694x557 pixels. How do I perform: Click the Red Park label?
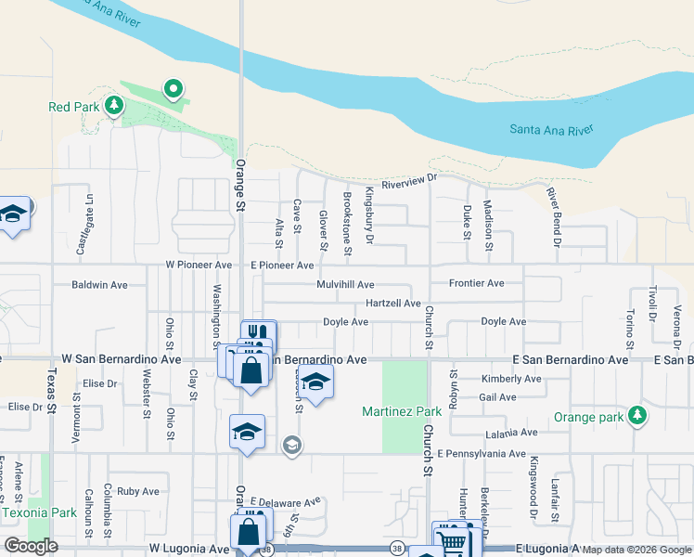(73, 107)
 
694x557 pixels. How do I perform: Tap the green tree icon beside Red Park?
(114, 106)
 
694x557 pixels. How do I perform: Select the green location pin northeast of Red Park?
(173, 89)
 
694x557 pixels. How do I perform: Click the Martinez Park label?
(402, 410)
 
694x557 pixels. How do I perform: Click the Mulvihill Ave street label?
(345, 284)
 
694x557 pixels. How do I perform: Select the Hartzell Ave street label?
(393, 304)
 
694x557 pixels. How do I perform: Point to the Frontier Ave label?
(476, 283)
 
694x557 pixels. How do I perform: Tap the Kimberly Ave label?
(511, 379)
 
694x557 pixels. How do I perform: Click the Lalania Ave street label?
(511, 433)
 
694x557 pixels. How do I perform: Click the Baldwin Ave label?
(99, 284)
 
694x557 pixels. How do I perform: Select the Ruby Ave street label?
(138, 491)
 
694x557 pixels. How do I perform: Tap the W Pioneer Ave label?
(199, 265)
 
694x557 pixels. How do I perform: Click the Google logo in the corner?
(31, 546)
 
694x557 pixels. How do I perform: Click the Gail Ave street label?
(498, 396)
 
